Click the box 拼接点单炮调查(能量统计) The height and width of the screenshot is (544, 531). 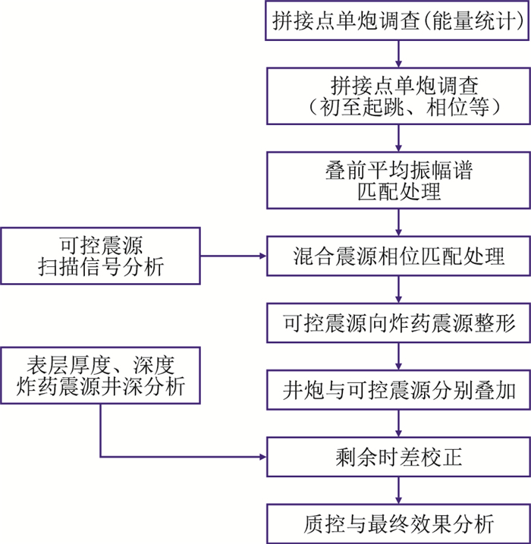(x=397, y=21)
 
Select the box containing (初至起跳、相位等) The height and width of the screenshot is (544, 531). (x=397, y=95)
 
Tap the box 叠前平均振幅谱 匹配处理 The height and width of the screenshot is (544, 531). (x=397, y=181)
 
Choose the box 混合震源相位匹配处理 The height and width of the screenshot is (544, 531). (x=397, y=255)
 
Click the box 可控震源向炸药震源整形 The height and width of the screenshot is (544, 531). (x=397, y=324)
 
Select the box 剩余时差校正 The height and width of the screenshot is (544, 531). (x=397, y=457)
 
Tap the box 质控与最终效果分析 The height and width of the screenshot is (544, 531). (x=397, y=524)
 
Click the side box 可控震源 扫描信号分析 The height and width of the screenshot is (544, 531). (x=100, y=255)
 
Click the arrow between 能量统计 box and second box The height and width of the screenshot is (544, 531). (x=398, y=54)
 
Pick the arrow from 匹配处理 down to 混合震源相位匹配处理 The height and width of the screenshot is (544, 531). (x=398, y=221)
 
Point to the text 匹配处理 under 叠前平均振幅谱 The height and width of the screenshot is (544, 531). (x=398, y=192)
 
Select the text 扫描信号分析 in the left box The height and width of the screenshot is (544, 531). (x=100, y=267)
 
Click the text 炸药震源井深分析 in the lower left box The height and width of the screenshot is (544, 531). (x=100, y=387)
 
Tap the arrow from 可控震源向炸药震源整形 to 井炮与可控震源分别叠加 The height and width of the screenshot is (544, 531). (x=398, y=357)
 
